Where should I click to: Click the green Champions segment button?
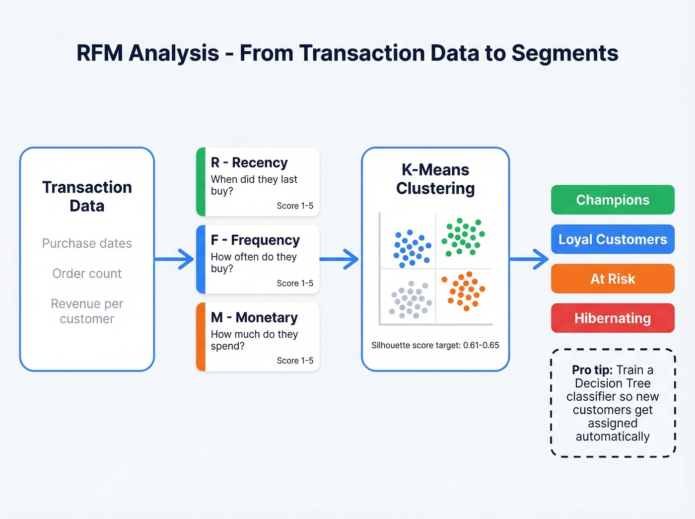click(613, 200)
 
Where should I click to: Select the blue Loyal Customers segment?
click(613, 239)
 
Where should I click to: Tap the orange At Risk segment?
click(613, 279)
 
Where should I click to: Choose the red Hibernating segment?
click(613, 318)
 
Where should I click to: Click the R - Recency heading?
click(249, 163)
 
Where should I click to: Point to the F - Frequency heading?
click(255, 240)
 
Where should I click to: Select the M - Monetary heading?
click(254, 318)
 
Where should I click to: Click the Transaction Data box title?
click(87, 196)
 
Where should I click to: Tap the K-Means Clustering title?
click(435, 179)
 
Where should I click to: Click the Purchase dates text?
click(87, 243)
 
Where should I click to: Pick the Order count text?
click(87, 274)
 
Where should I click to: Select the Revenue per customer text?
click(87, 311)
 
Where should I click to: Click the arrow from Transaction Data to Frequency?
click(175, 259)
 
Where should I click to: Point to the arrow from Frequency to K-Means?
click(340, 259)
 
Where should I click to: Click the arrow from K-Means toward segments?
click(529, 259)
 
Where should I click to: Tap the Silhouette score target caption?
click(435, 345)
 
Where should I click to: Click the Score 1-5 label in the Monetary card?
click(295, 361)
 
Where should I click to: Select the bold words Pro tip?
click(592, 370)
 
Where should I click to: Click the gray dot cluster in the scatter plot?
click(411, 299)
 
